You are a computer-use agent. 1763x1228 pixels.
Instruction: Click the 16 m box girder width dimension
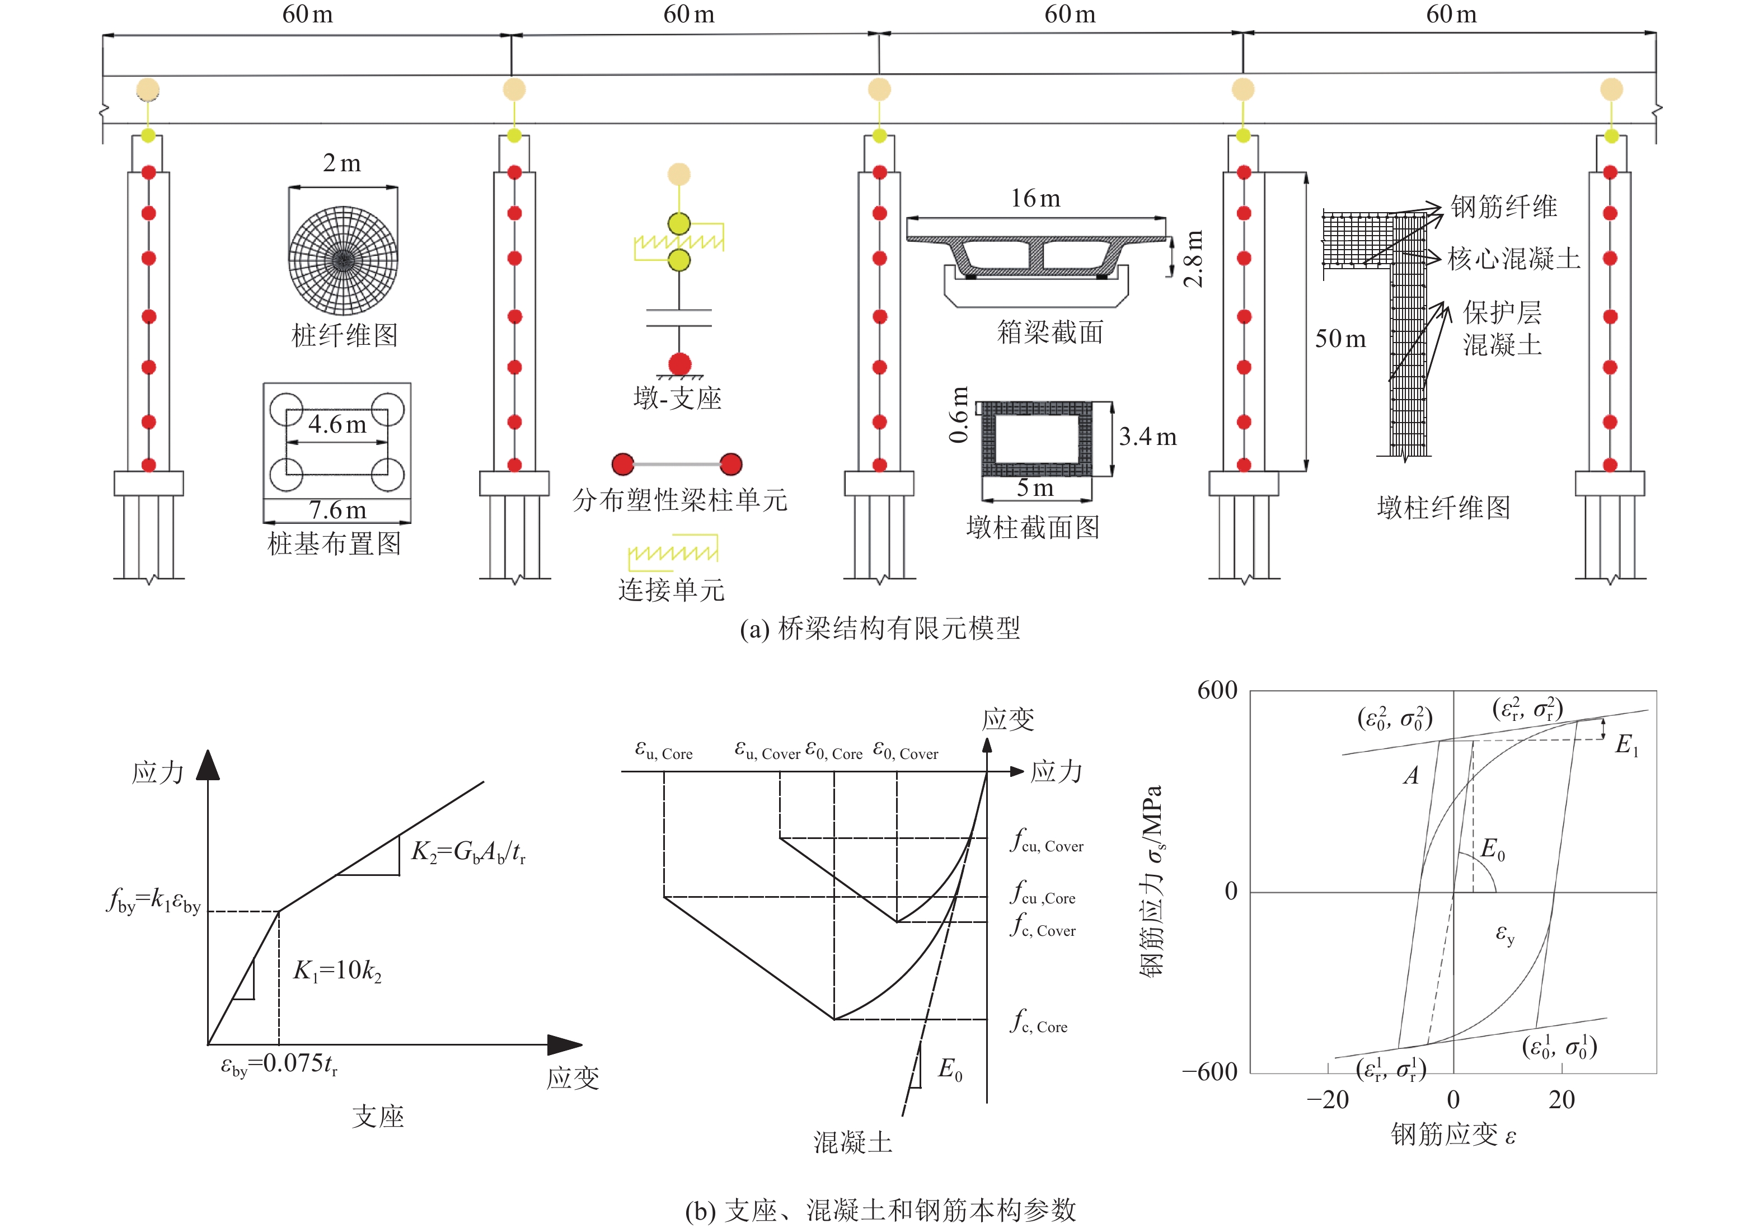coord(1034,199)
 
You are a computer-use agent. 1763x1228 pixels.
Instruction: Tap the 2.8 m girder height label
coord(1193,258)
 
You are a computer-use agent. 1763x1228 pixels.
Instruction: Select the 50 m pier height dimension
coord(1340,339)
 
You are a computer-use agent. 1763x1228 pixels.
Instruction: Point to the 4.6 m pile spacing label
coord(337,424)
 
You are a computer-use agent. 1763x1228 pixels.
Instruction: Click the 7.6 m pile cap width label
coord(337,510)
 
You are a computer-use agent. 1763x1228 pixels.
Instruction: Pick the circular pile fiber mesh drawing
coord(343,260)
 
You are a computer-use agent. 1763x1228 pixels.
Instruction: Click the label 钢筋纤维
coord(1503,207)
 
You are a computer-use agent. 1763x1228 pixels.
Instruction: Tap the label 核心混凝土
coord(1513,259)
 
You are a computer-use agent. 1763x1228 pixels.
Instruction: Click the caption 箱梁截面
coord(1049,332)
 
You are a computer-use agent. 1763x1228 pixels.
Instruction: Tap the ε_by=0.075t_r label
coord(279,1065)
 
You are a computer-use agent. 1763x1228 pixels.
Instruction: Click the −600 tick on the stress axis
coord(1209,1071)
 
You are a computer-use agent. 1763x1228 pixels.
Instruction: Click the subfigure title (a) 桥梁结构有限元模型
coord(880,628)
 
